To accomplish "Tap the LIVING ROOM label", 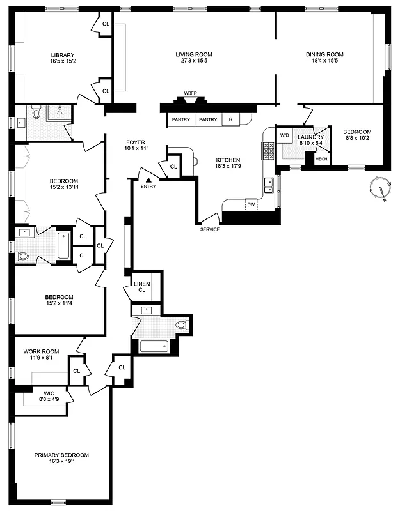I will point(194,55).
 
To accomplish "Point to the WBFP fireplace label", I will point(190,93).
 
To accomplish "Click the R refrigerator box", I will point(230,119).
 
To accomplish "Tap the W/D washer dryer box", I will point(284,135).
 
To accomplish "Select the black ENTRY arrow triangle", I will point(147,180).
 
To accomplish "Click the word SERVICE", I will point(210,229).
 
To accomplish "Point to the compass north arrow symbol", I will point(382,190).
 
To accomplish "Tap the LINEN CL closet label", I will point(141,287).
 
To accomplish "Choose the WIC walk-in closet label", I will point(49,393).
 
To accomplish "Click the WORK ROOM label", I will point(41,352).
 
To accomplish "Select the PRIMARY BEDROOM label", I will point(61,455).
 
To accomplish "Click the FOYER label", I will point(135,142).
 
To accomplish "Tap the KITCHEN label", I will point(228,160).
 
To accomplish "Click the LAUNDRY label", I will point(311,137).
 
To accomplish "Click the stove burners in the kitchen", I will point(267,150).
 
